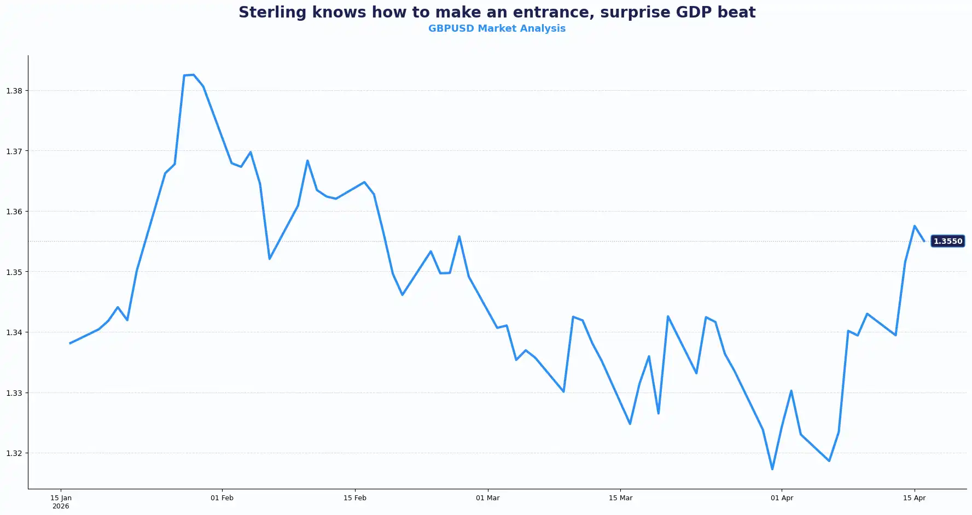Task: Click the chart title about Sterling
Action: (497, 13)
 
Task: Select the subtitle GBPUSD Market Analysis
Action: (497, 28)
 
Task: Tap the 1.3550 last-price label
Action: (947, 241)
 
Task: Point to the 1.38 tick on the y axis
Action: (14, 91)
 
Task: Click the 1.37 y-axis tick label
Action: (14, 151)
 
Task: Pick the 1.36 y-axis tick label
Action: (14, 212)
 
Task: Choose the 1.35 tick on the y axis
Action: (14, 272)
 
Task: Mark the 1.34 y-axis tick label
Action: (14, 332)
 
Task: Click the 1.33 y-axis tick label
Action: (14, 393)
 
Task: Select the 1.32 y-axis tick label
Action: (14, 453)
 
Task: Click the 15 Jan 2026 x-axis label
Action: (61, 501)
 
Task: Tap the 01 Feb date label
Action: (222, 498)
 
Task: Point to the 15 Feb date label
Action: (355, 498)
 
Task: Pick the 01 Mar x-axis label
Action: (487, 498)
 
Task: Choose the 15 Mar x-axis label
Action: (620, 498)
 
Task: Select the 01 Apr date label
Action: (782, 498)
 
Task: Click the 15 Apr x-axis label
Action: (914, 498)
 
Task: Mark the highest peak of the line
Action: (194, 75)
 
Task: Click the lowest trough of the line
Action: (772, 469)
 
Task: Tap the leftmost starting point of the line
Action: (70, 343)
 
